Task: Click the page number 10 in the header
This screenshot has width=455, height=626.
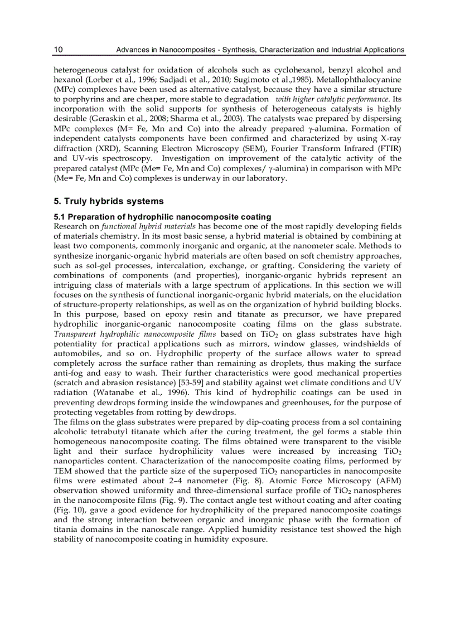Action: click(58, 50)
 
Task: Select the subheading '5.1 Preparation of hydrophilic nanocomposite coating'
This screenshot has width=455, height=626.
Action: click(162, 217)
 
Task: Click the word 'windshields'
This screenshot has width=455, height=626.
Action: click(376, 344)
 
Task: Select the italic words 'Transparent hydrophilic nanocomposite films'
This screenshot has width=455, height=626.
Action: click(131, 334)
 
